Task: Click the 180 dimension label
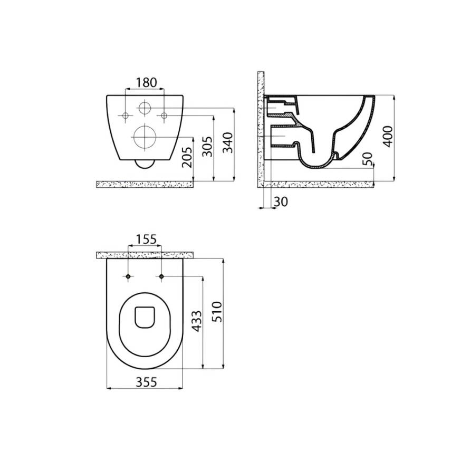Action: (x=146, y=82)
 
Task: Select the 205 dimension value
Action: (x=187, y=157)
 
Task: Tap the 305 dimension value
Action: (x=207, y=147)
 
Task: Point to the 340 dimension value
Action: (x=227, y=142)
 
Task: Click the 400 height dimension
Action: (x=388, y=137)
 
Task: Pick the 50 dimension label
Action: (x=367, y=159)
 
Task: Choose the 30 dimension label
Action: (x=281, y=202)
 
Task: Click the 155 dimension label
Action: (x=146, y=239)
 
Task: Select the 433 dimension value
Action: (x=197, y=321)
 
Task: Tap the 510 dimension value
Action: (x=217, y=312)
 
